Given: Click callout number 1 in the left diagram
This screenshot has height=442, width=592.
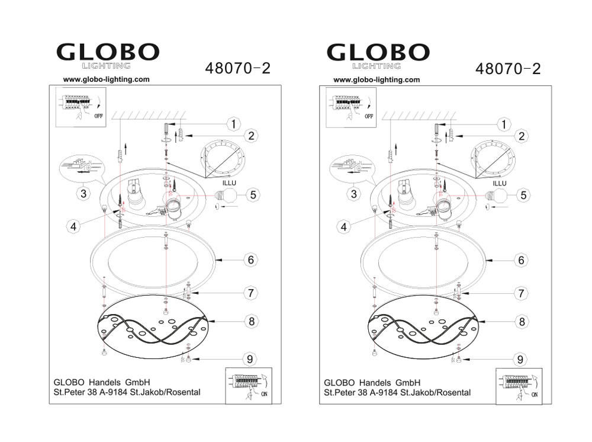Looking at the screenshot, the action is pyautogui.click(x=234, y=124).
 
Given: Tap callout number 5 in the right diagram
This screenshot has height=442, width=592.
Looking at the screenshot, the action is pyautogui.click(x=523, y=196).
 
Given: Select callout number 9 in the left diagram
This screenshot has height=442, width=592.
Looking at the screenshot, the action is pyautogui.click(x=250, y=359).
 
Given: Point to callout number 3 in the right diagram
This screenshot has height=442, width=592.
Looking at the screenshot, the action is pyautogui.click(x=354, y=194).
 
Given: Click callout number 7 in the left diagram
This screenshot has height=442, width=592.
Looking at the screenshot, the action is pyautogui.click(x=250, y=293).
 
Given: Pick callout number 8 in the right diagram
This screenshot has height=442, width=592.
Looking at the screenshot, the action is pyautogui.click(x=522, y=322).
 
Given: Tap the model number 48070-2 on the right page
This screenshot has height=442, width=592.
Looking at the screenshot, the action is pyautogui.click(x=508, y=69).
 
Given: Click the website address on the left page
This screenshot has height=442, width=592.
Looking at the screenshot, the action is pyautogui.click(x=107, y=79).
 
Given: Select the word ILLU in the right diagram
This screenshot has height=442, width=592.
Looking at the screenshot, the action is pyautogui.click(x=500, y=183).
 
